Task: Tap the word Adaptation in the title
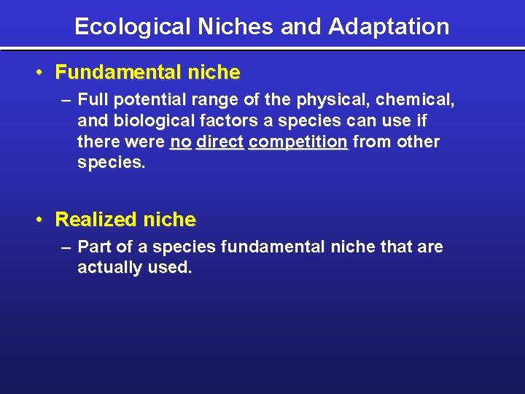[389, 27]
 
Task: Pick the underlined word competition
[297, 142]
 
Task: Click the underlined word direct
[219, 142]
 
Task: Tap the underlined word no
[180, 142]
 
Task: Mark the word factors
[222, 120]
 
